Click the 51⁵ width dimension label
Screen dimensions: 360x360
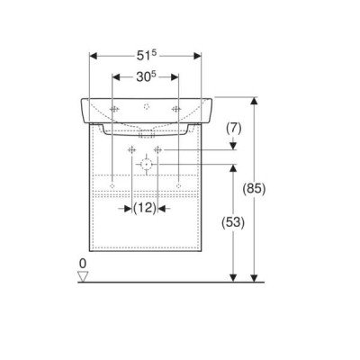pos(147,56)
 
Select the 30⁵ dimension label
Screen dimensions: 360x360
pos(146,77)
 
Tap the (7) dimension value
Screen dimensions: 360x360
pos(233,129)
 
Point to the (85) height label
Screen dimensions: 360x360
pos(254,189)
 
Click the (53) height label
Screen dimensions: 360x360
pos(233,222)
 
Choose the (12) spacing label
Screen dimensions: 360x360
pos(145,208)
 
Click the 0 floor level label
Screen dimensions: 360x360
pos(83,264)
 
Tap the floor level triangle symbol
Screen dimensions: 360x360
pos(83,276)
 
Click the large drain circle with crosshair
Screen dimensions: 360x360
pos(146,164)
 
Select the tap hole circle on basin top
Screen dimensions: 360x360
pos(147,106)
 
